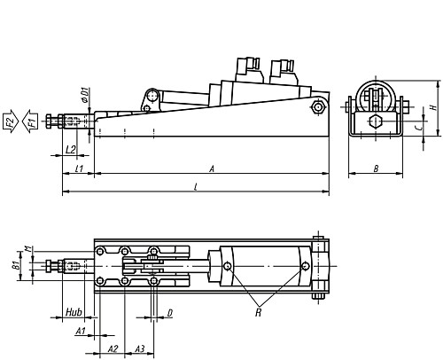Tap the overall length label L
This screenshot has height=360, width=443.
coord(195,185)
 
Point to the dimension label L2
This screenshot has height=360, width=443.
coord(71,149)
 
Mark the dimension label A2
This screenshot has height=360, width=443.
coord(113,350)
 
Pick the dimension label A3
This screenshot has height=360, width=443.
coord(139,350)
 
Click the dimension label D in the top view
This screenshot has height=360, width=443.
coord(169,313)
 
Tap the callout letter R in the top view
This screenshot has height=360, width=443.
coord(257,311)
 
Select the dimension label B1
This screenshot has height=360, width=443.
coord(15,264)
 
